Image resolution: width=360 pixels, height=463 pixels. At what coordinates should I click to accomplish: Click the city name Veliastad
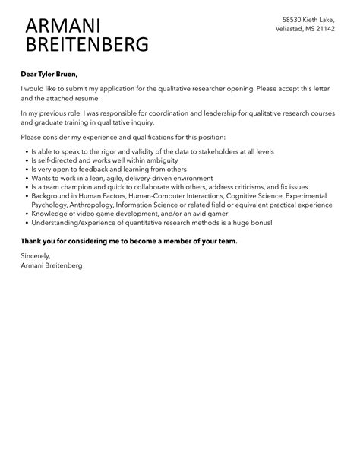click(292, 29)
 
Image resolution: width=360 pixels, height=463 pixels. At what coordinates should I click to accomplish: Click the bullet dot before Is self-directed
click(25, 160)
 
